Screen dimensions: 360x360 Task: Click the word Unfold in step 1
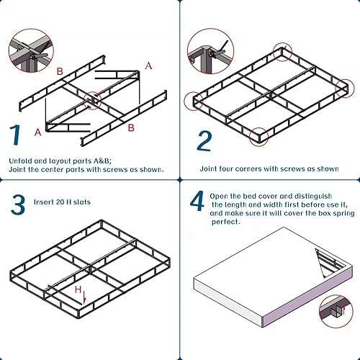(20, 160)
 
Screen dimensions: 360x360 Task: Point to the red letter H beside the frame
(78, 289)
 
